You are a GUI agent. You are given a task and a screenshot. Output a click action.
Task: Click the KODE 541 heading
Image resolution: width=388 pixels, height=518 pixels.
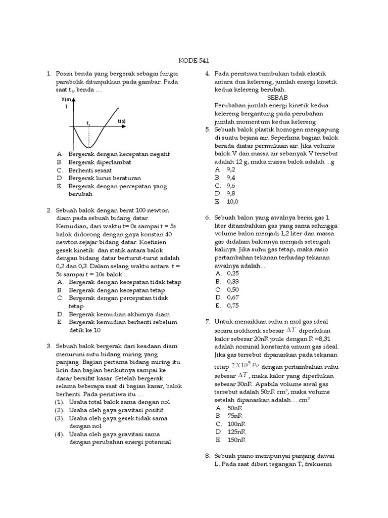pos(195,59)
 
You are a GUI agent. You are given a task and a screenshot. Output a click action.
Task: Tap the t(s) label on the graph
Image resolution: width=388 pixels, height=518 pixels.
pos(121,121)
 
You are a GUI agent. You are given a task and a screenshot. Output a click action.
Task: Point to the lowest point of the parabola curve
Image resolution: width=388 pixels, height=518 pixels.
pos(89,148)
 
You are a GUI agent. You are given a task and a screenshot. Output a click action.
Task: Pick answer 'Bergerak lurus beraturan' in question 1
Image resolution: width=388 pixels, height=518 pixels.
pos(105,178)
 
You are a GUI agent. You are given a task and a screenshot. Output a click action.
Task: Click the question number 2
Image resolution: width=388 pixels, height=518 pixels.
pos(49,210)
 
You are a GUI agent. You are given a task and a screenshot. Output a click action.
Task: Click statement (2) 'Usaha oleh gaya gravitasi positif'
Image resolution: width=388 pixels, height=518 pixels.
pos(116,410)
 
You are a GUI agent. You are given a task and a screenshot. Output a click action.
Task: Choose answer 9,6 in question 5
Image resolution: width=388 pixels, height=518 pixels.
pos(231,185)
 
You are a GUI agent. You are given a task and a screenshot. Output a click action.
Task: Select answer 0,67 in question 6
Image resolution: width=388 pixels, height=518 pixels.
pos(232,297)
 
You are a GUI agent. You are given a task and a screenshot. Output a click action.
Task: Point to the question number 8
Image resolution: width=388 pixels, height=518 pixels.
pos(207,455)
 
